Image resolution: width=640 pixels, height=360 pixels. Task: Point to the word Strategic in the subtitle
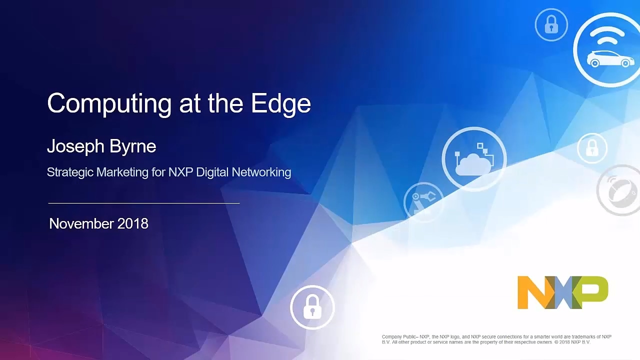pyautogui.click(x=69, y=172)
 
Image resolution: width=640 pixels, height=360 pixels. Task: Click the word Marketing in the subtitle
pyautogui.click(x=122, y=172)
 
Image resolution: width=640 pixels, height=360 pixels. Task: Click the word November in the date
pyautogui.click(x=81, y=223)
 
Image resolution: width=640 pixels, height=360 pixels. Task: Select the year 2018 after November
pyautogui.click(x=133, y=223)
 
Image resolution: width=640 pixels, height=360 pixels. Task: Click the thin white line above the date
pyautogui.click(x=143, y=203)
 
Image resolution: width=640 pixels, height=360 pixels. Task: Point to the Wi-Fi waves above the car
pyautogui.click(x=607, y=35)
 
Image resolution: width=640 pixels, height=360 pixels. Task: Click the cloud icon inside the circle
pyautogui.click(x=472, y=163)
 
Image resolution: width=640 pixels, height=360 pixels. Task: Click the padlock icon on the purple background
pyautogui.click(x=312, y=306)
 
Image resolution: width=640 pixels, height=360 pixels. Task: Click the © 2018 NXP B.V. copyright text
pyautogui.click(x=572, y=342)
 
